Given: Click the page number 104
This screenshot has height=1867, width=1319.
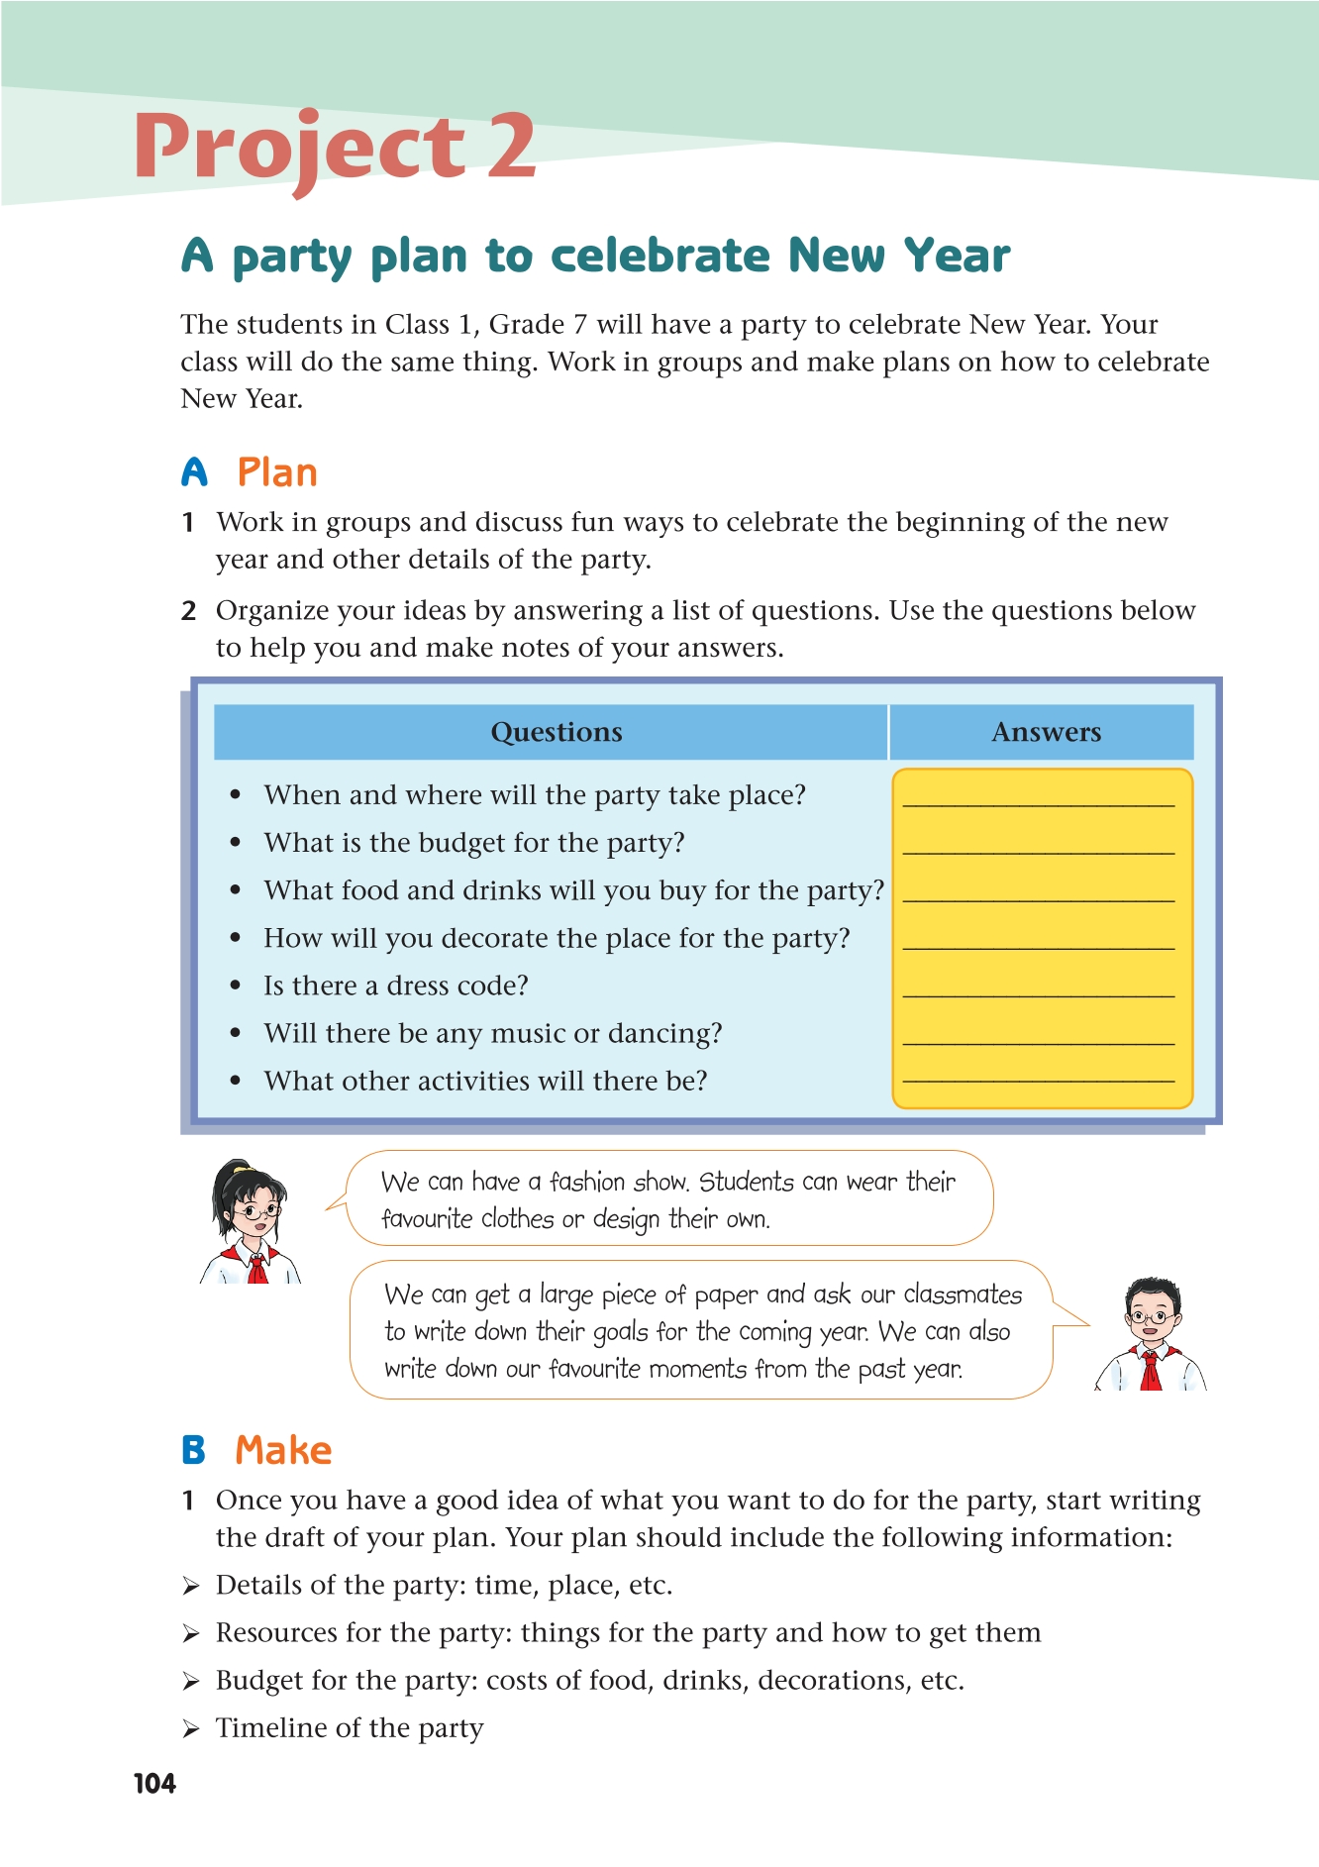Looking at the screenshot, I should click(x=154, y=1784).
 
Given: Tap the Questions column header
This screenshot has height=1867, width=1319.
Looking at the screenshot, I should click(x=556, y=732).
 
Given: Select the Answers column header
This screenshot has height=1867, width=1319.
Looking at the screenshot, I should click(x=1046, y=732).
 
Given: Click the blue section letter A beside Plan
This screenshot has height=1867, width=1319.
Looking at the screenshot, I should click(x=195, y=472).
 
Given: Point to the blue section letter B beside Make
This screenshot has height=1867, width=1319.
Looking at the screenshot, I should click(x=194, y=1450).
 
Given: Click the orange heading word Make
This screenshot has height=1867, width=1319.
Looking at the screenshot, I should click(x=283, y=1450).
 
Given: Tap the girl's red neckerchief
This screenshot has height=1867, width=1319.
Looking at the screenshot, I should click(x=256, y=1264).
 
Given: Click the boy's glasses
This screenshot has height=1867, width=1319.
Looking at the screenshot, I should click(x=1151, y=1318).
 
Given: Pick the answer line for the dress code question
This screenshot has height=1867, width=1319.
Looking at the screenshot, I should click(x=1039, y=994).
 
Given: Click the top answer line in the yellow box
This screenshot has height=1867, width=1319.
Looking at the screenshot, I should click(x=1039, y=805).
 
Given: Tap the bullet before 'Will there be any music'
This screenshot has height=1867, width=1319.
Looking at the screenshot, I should click(x=236, y=1033).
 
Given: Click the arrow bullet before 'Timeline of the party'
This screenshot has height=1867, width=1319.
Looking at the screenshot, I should click(x=191, y=1729).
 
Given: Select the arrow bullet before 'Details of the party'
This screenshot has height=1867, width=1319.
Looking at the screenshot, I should click(x=191, y=1587).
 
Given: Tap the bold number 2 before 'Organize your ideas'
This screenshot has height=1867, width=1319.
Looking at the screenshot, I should click(x=189, y=611).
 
